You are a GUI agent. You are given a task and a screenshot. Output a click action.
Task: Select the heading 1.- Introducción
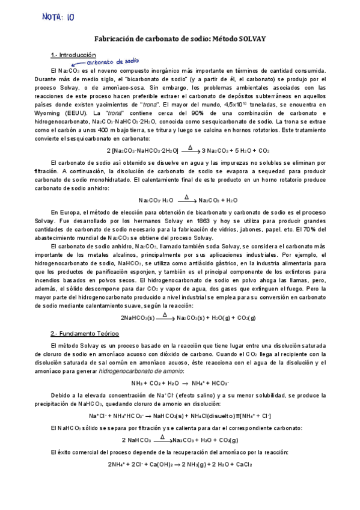coord(73,55)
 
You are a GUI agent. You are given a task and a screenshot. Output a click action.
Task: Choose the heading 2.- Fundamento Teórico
coord(85,333)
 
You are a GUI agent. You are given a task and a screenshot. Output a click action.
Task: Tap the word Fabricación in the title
coord(117,38)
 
